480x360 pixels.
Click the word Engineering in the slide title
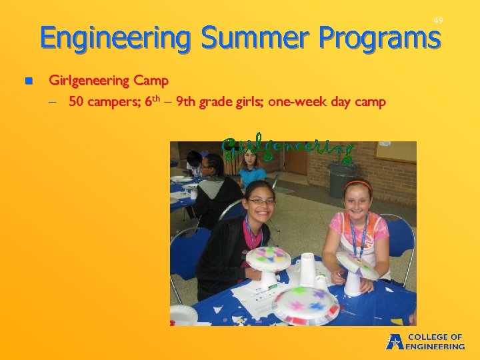115,38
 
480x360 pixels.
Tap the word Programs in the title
379,38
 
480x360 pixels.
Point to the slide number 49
438,21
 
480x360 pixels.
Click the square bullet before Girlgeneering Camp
28,81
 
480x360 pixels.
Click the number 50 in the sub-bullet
77,102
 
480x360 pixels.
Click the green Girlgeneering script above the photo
287,151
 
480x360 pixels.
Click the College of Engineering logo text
434,341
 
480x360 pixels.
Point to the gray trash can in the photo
342,179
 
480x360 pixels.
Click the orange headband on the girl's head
358,184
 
